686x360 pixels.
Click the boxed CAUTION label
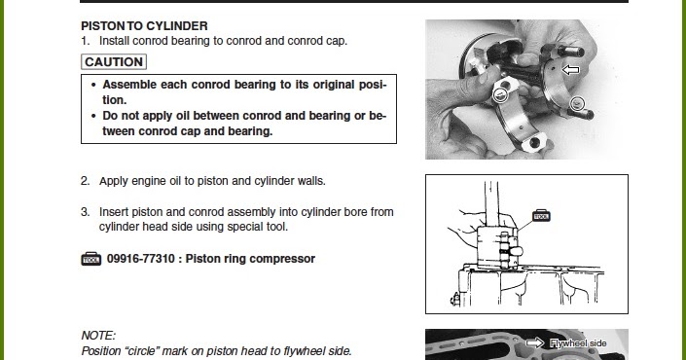click(114, 62)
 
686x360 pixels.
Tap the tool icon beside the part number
click(90, 260)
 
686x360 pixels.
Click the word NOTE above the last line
click(97, 335)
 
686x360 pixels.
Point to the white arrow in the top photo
click(570, 70)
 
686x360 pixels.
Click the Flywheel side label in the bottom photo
click(578, 343)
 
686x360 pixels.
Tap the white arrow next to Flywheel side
click(534, 343)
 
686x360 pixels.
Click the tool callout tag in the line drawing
click(541, 216)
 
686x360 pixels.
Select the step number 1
click(85, 41)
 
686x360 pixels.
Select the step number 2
click(85, 181)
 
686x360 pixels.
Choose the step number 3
click(85, 211)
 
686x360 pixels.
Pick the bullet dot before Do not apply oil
click(92, 116)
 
